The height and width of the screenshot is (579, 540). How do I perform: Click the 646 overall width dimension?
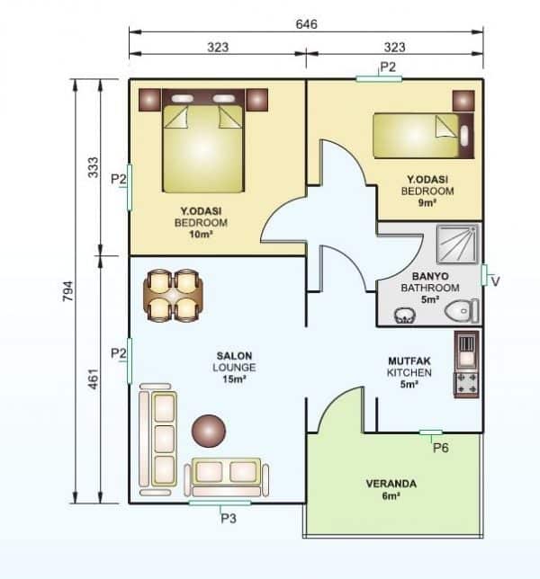[x=306, y=24]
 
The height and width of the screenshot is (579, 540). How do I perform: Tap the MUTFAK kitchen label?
[x=409, y=360]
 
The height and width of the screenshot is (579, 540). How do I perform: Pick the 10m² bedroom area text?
[x=199, y=235]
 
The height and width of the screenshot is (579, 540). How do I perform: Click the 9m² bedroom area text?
[x=427, y=203]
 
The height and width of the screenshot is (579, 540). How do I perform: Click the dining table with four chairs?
[x=173, y=295]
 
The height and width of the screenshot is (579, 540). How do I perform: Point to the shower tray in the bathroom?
[x=459, y=245]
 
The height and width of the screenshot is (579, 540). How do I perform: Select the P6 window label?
[x=441, y=447]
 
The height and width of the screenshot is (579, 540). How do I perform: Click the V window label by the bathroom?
[x=495, y=281]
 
